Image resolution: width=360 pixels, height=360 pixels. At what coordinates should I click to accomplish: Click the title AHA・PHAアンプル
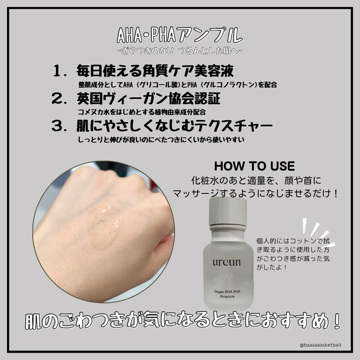click(180, 35)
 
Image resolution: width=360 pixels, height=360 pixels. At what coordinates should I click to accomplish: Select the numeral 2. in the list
click(60, 98)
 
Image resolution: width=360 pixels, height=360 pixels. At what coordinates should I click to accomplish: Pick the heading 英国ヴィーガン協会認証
click(149, 98)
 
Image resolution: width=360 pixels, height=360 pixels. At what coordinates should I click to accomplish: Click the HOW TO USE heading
click(254, 166)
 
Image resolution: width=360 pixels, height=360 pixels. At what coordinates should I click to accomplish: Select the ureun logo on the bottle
click(227, 262)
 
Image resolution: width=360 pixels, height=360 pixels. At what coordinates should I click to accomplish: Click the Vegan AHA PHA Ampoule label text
click(227, 294)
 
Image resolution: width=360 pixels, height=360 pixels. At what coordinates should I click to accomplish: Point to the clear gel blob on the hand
click(103, 227)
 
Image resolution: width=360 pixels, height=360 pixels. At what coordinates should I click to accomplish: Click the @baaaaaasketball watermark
click(320, 345)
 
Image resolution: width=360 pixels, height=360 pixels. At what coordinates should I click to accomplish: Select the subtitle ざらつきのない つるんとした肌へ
click(180, 51)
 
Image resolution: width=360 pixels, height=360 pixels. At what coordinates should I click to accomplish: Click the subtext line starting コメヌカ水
click(142, 112)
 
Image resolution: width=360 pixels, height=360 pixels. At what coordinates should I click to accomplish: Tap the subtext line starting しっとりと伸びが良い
click(161, 139)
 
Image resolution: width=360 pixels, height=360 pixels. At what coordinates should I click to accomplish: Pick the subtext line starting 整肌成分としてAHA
click(177, 85)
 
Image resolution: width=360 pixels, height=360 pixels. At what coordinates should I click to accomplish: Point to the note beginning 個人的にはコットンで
click(293, 254)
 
